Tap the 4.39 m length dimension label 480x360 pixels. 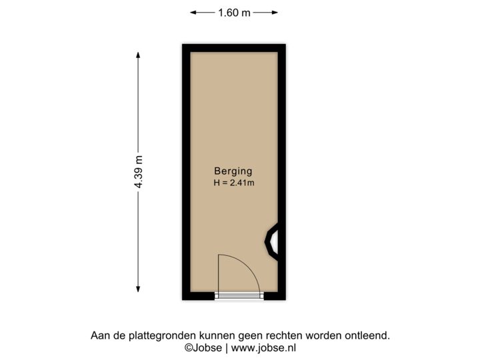click(139, 172)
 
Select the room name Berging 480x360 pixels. click(233, 170)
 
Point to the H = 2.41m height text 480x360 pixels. click(233, 182)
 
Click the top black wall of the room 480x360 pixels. click(233, 46)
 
